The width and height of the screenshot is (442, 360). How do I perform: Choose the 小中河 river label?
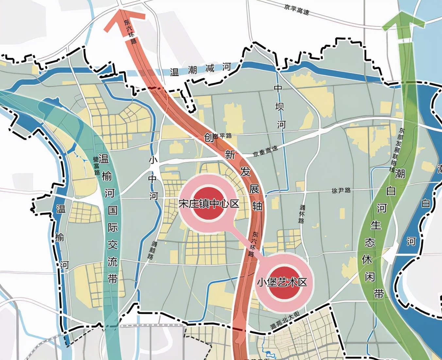(153, 178)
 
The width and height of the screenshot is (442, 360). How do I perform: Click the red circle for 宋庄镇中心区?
(208, 204)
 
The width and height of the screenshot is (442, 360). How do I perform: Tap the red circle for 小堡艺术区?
(282, 282)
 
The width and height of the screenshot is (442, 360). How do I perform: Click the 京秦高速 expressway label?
(265, 151)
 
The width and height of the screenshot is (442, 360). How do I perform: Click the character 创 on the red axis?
(209, 137)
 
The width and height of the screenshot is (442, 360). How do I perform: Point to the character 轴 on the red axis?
(257, 206)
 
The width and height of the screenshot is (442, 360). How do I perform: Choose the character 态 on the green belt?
(370, 242)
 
